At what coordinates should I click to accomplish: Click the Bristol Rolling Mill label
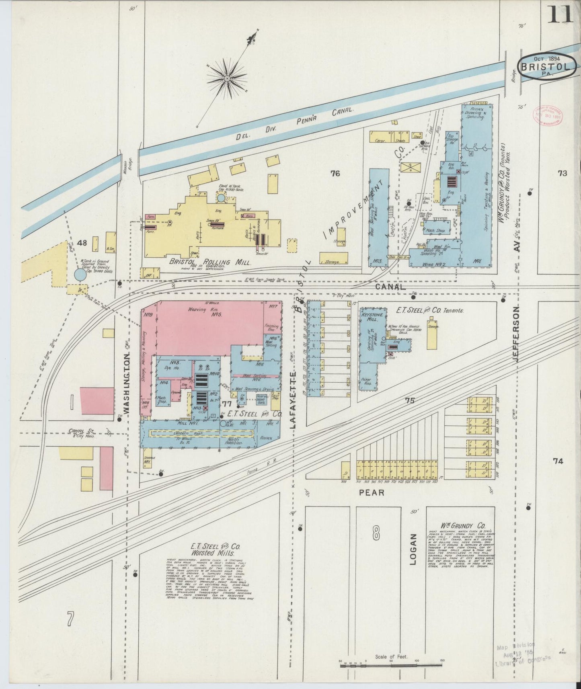point(210,262)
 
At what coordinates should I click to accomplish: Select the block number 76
point(335,173)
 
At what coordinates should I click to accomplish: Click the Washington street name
point(127,383)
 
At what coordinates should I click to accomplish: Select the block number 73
point(562,173)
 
